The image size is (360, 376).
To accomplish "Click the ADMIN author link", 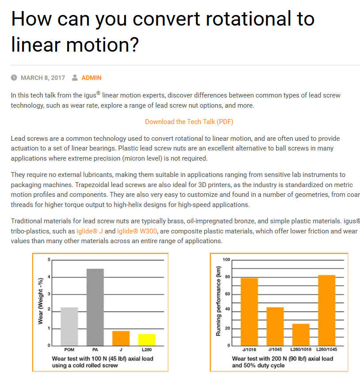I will pyautogui.click(x=91, y=78).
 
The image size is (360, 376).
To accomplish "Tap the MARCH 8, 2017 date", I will pyautogui.click(x=43, y=78).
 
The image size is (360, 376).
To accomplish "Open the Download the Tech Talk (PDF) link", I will pyautogui.click(x=189, y=121).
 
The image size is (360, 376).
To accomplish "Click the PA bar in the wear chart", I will pyautogui.click(x=95, y=307).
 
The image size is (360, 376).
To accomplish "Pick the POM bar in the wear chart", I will pyautogui.click(x=69, y=326).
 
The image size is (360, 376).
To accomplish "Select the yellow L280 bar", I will pyautogui.click(x=147, y=339).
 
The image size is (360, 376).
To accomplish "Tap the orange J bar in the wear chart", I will pyautogui.click(x=121, y=338).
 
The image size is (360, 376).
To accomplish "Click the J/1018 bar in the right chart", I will pyautogui.click(x=249, y=311).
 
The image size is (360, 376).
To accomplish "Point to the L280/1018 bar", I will pyautogui.click(x=301, y=334).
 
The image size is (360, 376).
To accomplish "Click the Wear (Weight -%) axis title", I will pyautogui.click(x=40, y=301).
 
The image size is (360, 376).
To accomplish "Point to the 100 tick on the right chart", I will pyautogui.click(x=227, y=259).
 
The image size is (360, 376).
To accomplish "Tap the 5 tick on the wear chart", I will pyautogui.click(x=49, y=259).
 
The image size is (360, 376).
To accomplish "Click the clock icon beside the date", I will pyautogui.click(x=14, y=78).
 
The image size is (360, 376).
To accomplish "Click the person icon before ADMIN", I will pyautogui.click(x=75, y=78).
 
